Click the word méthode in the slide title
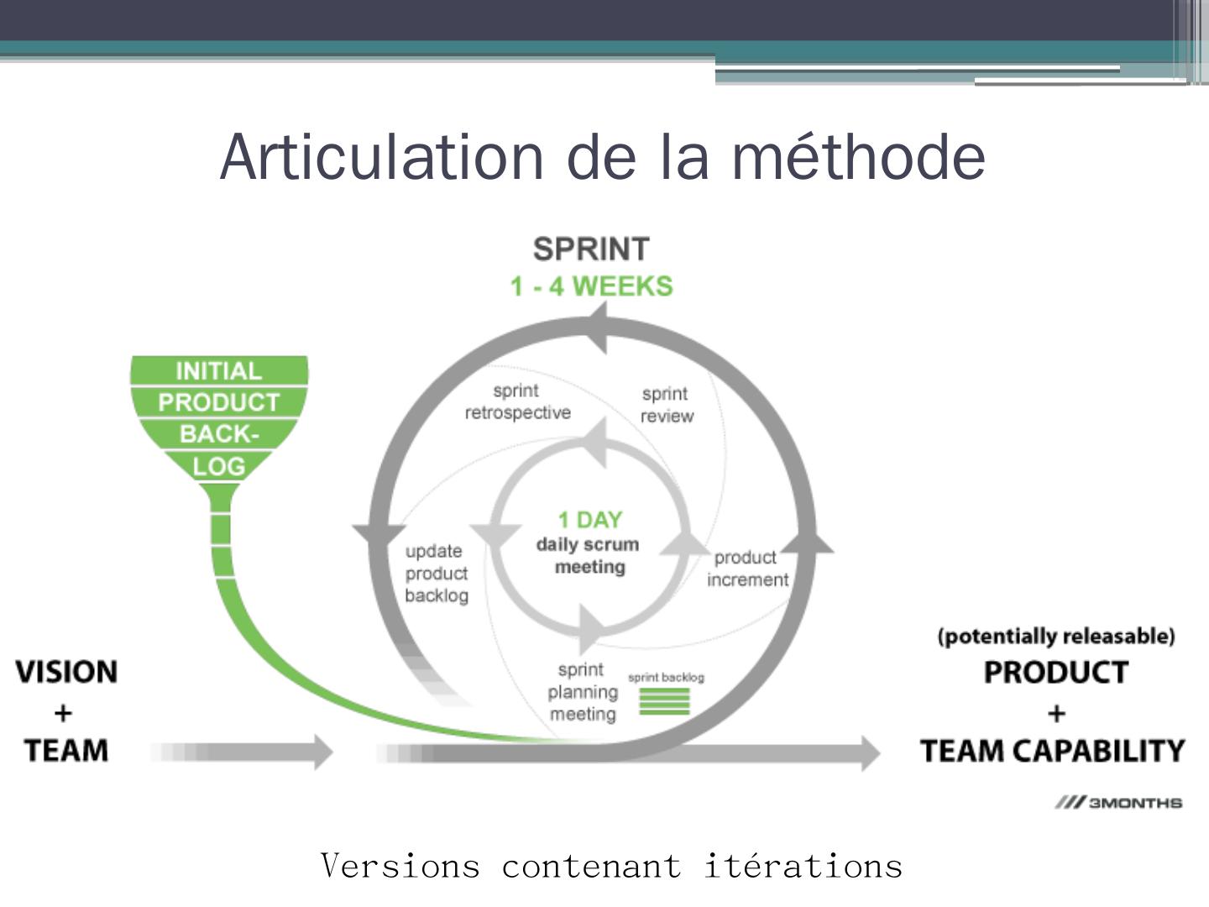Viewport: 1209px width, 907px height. click(858, 157)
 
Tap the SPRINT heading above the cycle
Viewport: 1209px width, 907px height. click(591, 249)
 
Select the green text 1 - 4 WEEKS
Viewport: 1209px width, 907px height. click(591, 286)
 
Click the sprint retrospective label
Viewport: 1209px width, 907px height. click(517, 401)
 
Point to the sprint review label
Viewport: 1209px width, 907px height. click(667, 405)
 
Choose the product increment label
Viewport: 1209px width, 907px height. click(746, 569)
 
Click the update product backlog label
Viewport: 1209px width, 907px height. click(436, 574)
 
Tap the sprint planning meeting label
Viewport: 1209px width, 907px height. click(582, 692)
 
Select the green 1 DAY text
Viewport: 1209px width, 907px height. click(589, 520)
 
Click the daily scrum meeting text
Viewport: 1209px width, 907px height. click(588, 556)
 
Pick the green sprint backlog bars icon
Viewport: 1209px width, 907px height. click(664, 701)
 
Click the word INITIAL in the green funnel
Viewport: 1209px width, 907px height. click(218, 370)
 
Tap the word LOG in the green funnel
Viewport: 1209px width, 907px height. click(218, 466)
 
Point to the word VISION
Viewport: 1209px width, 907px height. click(66, 672)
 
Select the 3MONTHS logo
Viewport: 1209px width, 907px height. click(1118, 803)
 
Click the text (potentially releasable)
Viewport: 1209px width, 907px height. click(1055, 636)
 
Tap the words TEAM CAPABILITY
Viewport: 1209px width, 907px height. click(1052, 751)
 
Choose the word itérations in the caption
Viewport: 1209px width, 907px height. click(803, 866)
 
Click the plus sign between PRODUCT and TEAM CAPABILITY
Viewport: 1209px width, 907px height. click(1056, 713)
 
